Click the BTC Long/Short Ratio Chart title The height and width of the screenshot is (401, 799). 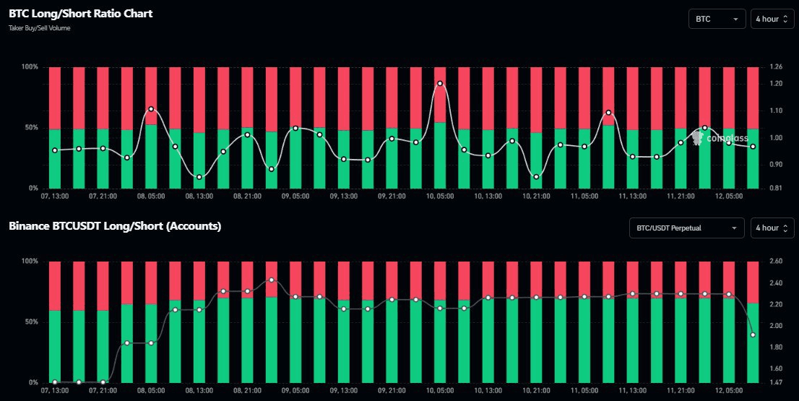(80, 14)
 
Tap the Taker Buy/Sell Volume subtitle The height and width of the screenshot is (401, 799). (40, 28)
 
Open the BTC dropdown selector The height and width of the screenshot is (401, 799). (717, 20)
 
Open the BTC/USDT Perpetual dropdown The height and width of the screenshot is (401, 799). (686, 228)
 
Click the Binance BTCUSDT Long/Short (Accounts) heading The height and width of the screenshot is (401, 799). (115, 226)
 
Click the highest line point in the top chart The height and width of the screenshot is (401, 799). (440, 83)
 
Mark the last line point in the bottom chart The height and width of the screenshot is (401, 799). (753, 335)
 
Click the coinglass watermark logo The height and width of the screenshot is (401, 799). (715, 137)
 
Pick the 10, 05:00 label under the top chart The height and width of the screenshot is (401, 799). (439, 196)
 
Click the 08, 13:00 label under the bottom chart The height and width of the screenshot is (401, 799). (199, 389)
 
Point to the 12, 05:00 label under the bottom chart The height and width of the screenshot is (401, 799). (728, 389)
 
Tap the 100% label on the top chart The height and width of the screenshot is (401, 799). (30, 67)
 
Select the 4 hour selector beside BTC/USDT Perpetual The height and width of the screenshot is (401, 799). (774, 228)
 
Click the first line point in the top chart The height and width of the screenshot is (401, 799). (55, 150)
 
